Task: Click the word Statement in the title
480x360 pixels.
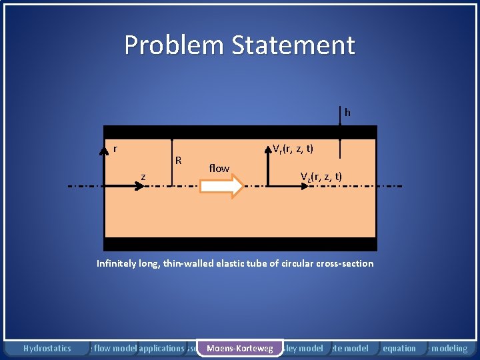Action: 293,45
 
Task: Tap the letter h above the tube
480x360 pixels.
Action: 347,113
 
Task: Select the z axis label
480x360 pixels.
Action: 143,176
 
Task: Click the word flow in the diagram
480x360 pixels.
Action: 219,169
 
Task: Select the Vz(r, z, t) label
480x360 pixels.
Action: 321,177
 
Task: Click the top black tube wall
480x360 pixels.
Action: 240,132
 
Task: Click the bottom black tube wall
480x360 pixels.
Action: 240,244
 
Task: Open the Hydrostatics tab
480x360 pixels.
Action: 47,348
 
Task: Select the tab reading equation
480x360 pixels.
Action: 400,348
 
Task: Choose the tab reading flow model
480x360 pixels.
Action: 115,348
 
